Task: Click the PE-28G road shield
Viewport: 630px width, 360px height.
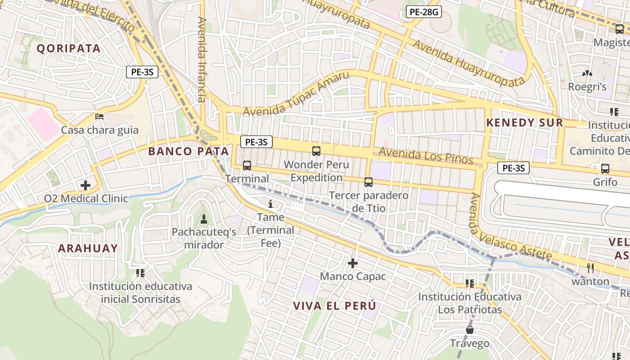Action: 423,12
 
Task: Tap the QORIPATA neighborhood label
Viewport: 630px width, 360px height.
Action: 68,49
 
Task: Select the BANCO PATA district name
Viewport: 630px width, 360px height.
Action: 189,151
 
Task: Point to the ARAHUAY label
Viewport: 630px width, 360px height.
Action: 88,248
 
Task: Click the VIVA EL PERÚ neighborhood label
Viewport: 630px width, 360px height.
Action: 334,306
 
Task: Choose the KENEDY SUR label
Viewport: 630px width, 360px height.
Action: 525,123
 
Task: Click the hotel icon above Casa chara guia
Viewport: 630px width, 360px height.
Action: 99,117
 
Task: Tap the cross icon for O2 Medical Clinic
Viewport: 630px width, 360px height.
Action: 85,185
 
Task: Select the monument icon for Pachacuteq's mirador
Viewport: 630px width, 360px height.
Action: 204,219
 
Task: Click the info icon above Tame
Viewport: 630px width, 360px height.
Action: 270,204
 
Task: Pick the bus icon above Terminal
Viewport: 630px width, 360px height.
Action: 247,165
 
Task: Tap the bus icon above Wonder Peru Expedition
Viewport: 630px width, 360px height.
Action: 316,151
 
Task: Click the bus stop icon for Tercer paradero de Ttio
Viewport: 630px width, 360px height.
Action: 369,182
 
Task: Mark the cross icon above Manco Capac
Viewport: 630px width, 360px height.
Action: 353,262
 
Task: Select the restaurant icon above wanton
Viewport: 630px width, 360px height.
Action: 590,268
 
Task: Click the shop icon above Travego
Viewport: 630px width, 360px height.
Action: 470,330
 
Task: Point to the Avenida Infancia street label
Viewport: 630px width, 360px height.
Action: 201,59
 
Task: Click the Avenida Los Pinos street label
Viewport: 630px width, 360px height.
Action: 426,156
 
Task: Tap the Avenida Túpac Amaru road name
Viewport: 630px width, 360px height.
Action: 296,94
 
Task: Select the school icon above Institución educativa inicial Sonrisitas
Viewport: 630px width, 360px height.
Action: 140,273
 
